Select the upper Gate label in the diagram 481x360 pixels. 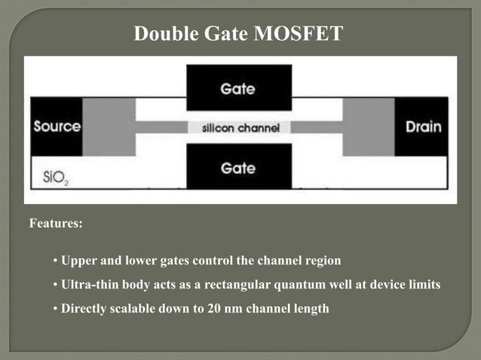pos(239,89)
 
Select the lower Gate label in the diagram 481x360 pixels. pos(239,167)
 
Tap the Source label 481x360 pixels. pos(57,127)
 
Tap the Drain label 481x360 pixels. pos(423,127)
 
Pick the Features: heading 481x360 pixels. pos(56,224)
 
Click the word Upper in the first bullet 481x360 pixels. pos(78,261)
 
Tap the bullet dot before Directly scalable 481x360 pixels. pos(55,309)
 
